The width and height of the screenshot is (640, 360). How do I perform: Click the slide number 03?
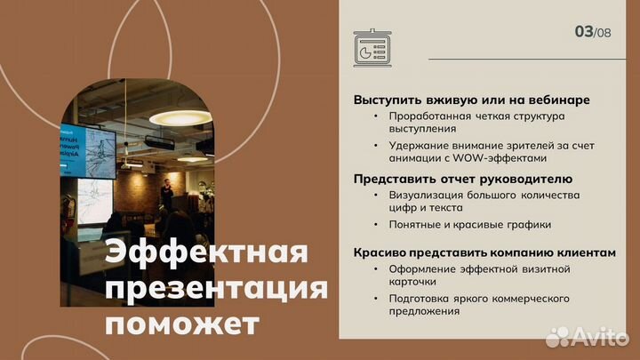584,31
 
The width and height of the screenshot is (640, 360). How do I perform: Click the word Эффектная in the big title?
207,254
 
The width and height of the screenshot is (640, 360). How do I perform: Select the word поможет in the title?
183,324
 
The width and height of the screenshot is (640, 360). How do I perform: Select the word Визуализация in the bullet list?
427,194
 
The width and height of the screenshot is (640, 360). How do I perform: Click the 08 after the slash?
605,34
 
